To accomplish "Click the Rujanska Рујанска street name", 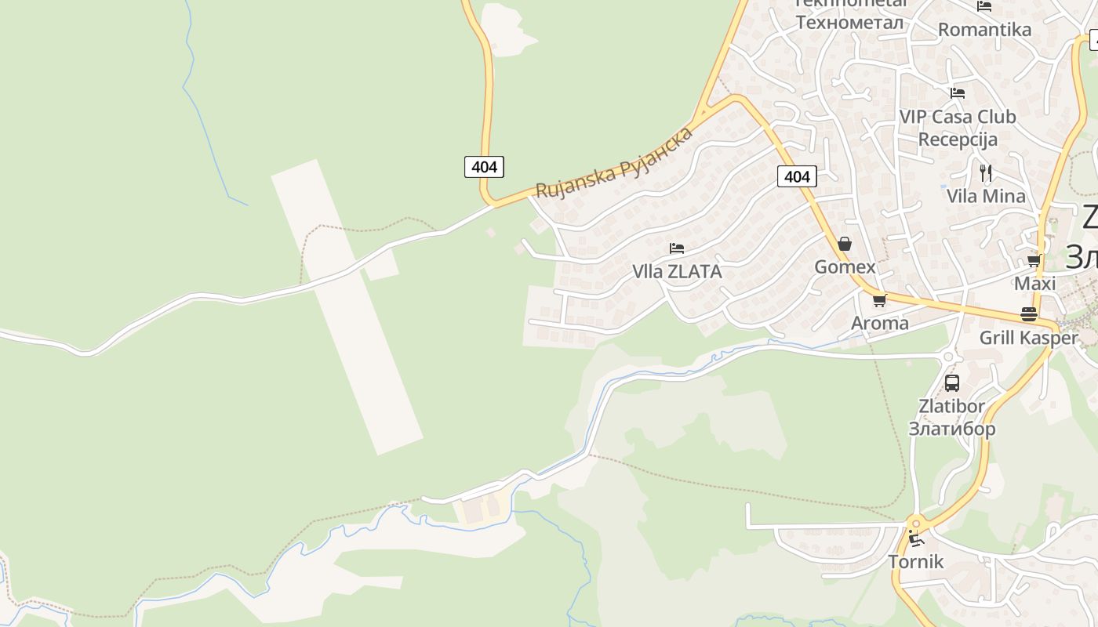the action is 614,162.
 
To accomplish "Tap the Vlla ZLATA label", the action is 677,271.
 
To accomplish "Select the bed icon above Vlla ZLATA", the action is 677,248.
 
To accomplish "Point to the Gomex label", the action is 845,266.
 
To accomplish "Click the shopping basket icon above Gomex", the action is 845,244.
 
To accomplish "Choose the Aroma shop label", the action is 880,323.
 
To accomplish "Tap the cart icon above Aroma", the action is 879,300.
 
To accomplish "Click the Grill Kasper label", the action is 1029,338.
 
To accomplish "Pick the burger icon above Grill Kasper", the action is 1029,314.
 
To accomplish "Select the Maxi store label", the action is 1035,283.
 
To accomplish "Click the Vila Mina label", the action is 986,196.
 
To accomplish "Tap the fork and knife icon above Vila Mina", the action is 986,172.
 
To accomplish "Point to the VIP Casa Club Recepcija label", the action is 958,128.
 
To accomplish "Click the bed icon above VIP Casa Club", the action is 958,92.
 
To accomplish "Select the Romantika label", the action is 984,30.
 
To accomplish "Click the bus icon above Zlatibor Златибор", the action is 952,383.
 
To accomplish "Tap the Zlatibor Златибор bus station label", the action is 952,417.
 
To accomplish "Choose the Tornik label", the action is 916,561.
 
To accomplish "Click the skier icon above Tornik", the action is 916,538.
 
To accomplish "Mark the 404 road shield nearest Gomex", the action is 797,176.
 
